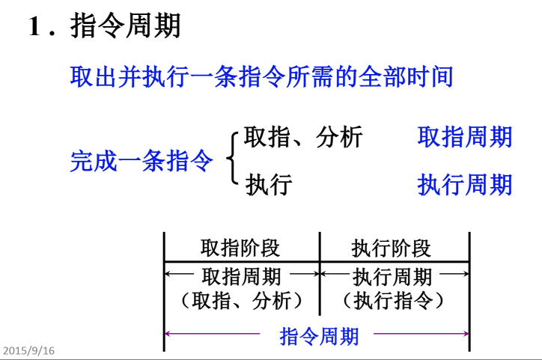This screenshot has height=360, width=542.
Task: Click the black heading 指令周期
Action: pyautogui.click(x=126, y=26)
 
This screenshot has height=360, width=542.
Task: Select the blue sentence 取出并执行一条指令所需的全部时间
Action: pyautogui.click(x=261, y=76)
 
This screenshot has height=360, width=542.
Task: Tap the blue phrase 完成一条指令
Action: pyautogui.click(x=141, y=161)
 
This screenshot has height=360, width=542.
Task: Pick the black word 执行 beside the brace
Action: pyautogui.click(x=268, y=184)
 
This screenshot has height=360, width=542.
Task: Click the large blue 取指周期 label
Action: pyautogui.click(x=465, y=137)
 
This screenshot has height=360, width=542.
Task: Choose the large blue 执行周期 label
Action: pyautogui.click(x=465, y=184)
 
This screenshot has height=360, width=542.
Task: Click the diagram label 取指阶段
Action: pyautogui.click(x=240, y=248)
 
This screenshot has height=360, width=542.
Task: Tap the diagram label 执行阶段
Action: pyautogui.click(x=392, y=248)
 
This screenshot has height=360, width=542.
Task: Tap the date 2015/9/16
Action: pyautogui.click(x=28, y=350)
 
